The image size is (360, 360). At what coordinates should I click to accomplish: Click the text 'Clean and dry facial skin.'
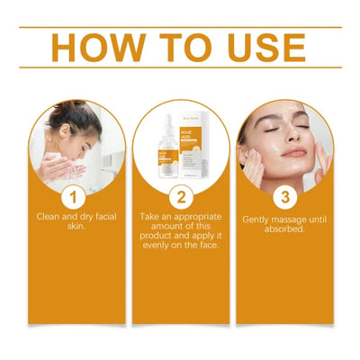[74, 221]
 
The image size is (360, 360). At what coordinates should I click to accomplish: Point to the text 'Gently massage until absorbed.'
[285, 224]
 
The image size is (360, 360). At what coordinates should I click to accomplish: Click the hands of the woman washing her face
[72, 167]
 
